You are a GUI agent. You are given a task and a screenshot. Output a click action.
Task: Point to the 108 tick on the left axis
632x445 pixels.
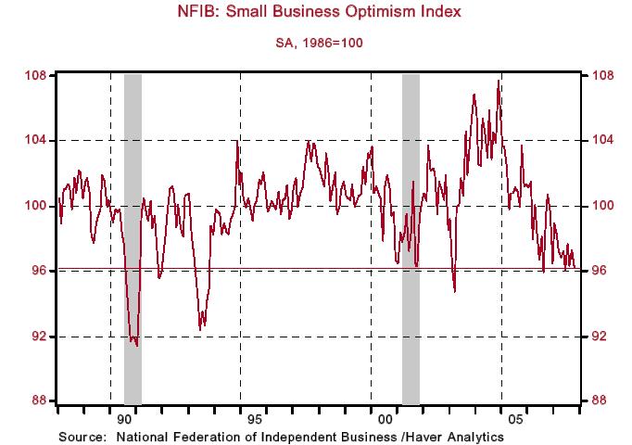click(36, 75)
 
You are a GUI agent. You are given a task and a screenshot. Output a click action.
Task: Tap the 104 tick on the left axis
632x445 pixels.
click(36, 140)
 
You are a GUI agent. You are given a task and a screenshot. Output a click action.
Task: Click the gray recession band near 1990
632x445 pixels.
click(133, 232)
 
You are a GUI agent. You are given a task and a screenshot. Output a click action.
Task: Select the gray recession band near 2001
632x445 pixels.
click(411, 232)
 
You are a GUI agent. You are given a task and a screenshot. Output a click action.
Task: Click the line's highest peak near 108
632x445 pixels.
click(499, 81)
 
